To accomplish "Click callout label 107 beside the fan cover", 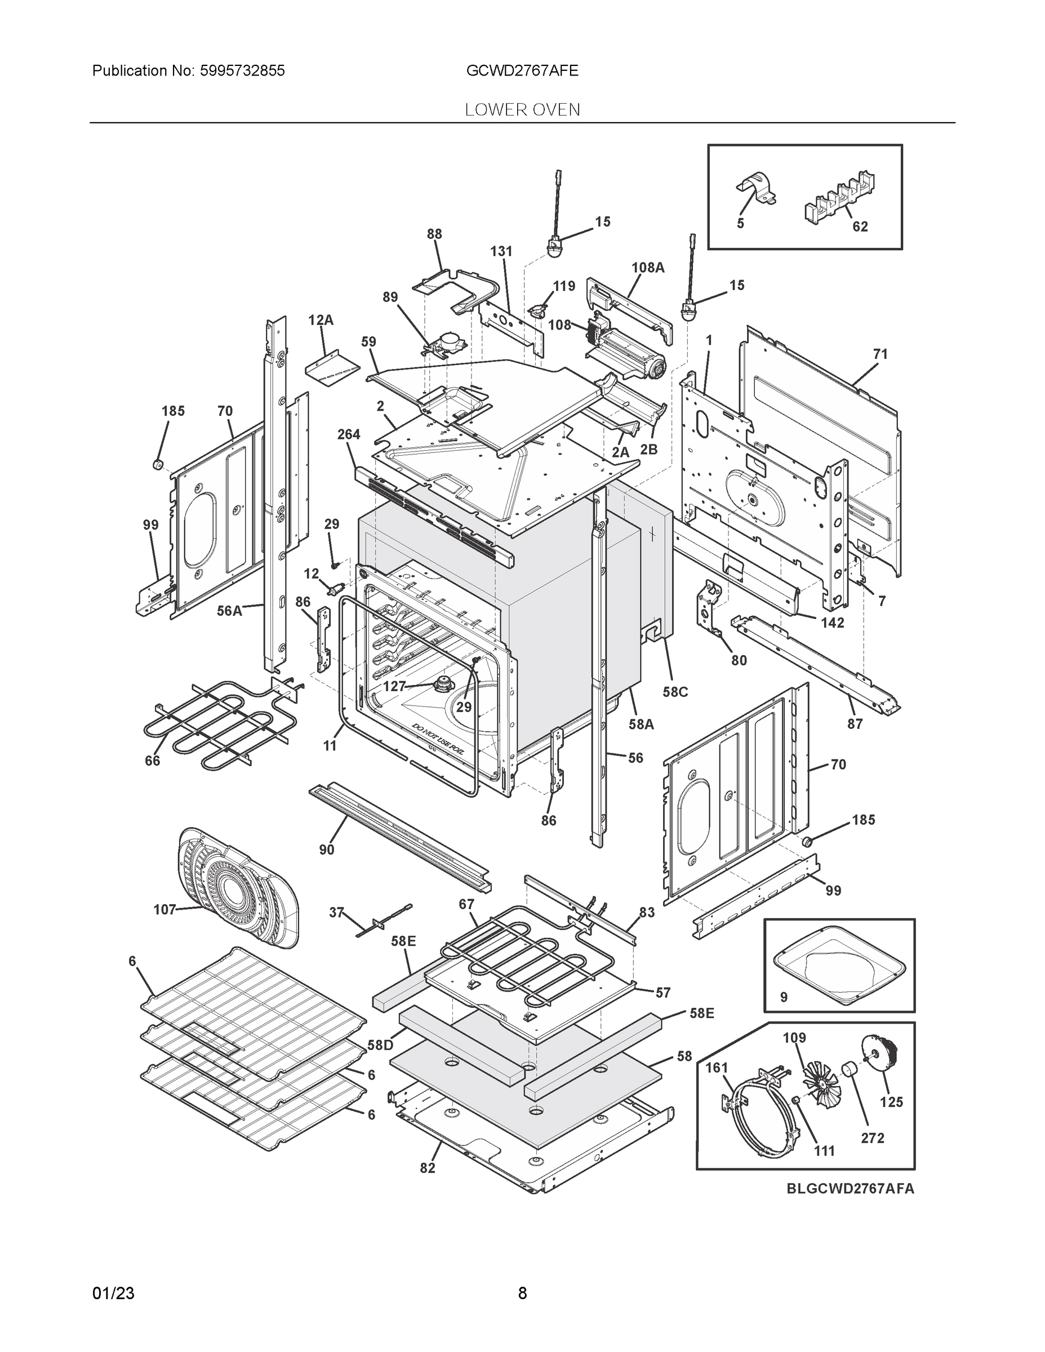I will click(x=164, y=909).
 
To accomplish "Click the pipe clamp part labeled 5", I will click(x=757, y=189).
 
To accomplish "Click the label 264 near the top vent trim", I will click(x=349, y=434).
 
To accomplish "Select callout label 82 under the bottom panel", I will click(x=427, y=1168).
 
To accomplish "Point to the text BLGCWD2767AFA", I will click(x=850, y=1189).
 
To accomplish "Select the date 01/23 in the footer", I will click(x=113, y=1293).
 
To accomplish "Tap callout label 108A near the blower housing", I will click(x=647, y=268).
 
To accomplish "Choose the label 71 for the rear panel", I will click(x=880, y=354).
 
